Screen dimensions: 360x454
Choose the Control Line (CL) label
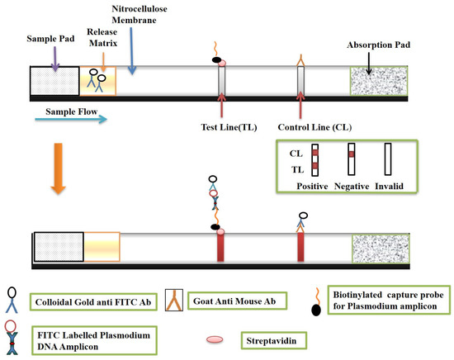click(314, 129)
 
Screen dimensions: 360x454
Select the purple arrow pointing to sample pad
click(54, 57)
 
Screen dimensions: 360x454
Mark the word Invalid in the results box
click(390, 187)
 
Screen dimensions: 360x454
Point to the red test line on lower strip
click(221, 246)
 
